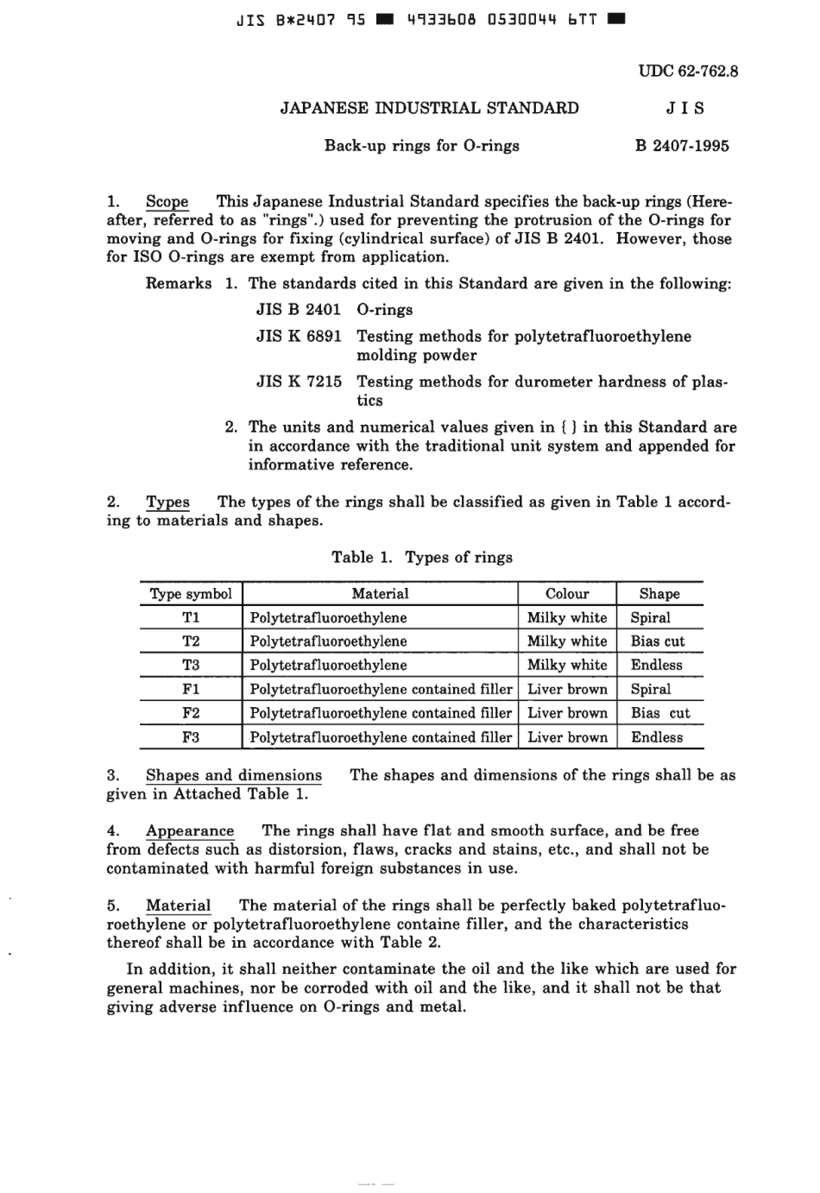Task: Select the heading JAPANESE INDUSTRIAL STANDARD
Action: tap(429, 108)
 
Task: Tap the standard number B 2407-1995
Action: tap(682, 146)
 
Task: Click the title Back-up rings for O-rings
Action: tap(421, 146)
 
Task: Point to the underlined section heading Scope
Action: tap(167, 202)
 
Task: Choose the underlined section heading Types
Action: tap(167, 502)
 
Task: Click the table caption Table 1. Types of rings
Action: tap(421, 558)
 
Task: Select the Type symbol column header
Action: tap(191, 594)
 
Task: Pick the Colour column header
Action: tap(567, 594)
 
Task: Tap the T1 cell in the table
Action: tap(191, 618)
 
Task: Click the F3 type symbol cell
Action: tap(191, 737)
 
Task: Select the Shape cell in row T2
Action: tap(658, 641)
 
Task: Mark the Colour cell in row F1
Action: tap(567, 689)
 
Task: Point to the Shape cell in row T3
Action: tap(656, 665)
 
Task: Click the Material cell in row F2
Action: tap(381, 713)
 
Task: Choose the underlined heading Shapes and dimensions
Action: tap(233, 775)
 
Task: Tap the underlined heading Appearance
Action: tap(190, 830)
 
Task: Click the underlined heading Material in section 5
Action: tap(178, 906)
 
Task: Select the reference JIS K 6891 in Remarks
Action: tap(299, 337)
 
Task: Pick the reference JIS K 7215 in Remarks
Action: tap(299, 382)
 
